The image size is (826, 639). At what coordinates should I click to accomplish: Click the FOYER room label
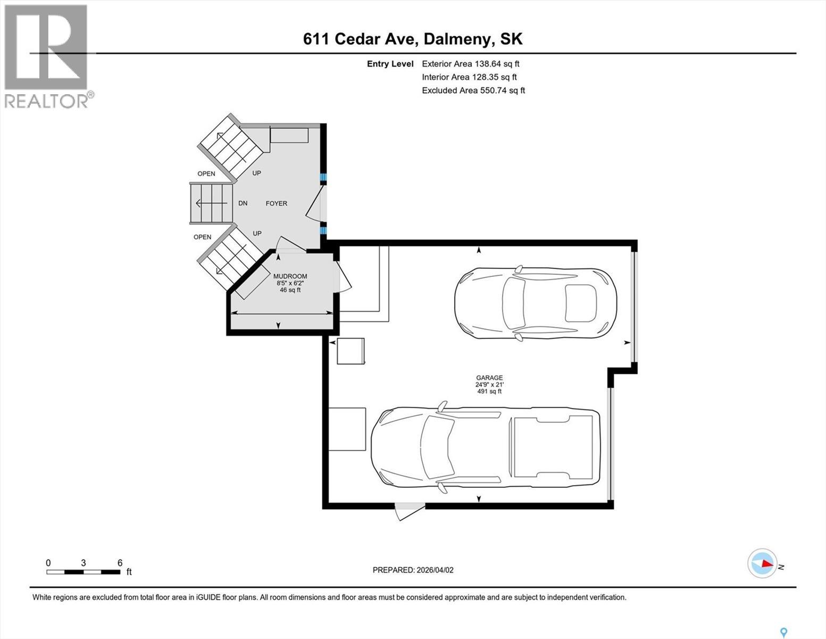[276, 203]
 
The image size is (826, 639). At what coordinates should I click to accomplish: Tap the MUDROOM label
[290, 276]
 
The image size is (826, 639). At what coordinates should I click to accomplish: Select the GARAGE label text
[489, 378]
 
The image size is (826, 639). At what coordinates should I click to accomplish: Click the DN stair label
[243, 203]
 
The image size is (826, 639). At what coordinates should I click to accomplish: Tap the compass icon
[762, 563]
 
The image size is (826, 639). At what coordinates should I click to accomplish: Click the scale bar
[83, 572]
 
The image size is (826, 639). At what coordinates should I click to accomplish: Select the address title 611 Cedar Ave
[413, 39]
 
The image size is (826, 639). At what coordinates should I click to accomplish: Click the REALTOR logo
[47, 56]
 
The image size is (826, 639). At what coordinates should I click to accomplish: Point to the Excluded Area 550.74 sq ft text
[473, 91]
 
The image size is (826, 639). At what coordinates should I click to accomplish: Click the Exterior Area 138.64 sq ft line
[470, 63]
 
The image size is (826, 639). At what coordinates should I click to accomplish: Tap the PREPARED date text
[413, 570]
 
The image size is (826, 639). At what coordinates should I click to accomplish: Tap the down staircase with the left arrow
[211, 203]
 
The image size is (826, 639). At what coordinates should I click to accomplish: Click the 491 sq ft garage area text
[489, 391]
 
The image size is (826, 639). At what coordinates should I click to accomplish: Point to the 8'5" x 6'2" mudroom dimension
[290, 283]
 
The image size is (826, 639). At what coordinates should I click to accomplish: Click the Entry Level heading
[390, 64]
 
